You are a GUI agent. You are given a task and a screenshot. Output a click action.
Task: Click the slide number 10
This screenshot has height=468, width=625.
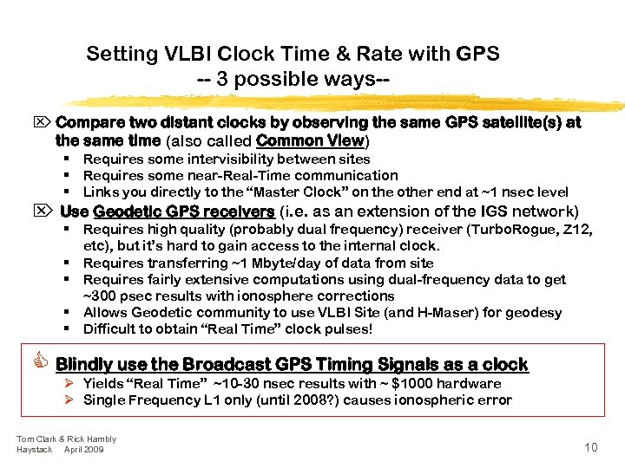(x=590, y=447)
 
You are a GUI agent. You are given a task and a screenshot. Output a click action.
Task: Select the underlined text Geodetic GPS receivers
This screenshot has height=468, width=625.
(x=183, y=212)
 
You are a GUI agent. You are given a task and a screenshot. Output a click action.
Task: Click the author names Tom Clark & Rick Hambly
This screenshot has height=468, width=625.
(x=66, y=439)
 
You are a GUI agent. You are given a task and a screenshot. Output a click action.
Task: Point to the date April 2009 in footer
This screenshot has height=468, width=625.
(x=84, y=450)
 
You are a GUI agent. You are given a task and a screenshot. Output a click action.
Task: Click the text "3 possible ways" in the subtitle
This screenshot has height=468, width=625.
(x=296, y=80)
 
